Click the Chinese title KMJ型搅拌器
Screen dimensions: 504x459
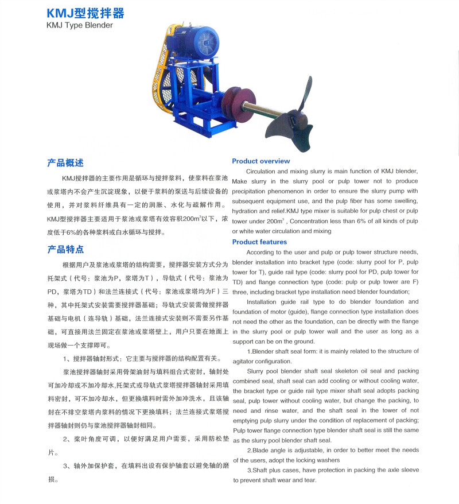point(85,13)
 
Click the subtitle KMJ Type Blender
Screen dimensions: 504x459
point(80,25)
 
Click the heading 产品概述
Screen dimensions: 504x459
point(65,163)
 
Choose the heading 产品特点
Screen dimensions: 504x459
point(65,249)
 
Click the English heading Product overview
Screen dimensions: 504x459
point(261,161)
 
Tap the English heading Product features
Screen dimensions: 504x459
point(259,242)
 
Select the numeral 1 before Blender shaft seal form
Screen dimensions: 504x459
point(249,351)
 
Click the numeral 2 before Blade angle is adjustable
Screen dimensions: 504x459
point(249,450)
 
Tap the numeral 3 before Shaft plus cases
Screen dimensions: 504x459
point(249,470)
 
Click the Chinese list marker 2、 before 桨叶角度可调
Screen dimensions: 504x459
point(67,439)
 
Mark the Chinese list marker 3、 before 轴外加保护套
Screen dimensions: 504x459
point(67,466)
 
